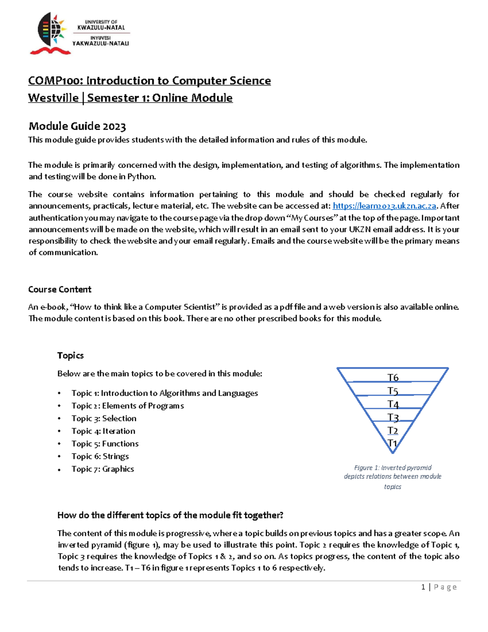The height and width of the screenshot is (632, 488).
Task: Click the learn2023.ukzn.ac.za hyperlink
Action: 384,206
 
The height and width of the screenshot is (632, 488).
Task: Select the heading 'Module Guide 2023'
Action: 77,126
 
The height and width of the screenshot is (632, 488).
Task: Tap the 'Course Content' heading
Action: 60,289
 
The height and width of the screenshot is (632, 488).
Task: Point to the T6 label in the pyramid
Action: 393,377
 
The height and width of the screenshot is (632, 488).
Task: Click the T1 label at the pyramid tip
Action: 392,443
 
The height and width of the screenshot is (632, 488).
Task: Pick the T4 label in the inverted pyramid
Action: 393,404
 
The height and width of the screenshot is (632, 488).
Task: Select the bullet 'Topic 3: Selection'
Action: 104,418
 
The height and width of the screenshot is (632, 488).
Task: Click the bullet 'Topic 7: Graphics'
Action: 102,469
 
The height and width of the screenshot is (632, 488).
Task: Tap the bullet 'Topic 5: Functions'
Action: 105,444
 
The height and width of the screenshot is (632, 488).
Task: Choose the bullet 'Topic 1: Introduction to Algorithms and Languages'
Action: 165,393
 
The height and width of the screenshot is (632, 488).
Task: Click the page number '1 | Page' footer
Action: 439,587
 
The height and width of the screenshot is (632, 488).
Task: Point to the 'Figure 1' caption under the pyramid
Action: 392,477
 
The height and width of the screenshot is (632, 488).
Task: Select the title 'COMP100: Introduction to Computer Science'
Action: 149,81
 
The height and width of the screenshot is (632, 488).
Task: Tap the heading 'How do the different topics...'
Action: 170,515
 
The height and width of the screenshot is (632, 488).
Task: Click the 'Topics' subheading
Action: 70,355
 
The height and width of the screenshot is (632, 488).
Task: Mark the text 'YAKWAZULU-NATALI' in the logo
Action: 100,44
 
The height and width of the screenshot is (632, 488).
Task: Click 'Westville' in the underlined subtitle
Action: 53,98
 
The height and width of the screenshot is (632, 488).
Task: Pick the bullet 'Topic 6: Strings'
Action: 100,456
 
